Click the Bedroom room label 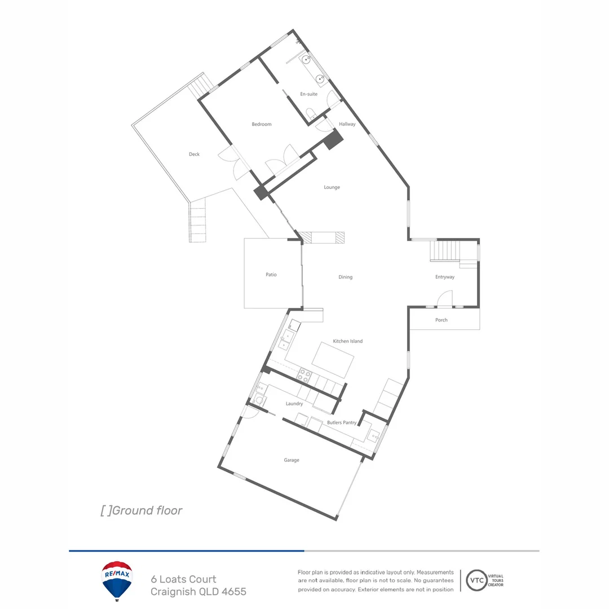[262, 124]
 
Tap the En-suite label [308, 94]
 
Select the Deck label [194, 154]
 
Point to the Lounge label [332, 187]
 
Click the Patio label [271, 275]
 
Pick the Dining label [345, 277]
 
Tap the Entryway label [444, 277]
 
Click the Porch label [442, 320]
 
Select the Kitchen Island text [348, 341]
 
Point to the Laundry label [294, 404]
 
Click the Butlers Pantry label [342, 422]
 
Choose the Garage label [292, 460]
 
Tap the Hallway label [347, 124]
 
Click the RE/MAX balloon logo [117, 580]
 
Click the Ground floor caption [142, 510]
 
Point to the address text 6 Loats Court [183, 579]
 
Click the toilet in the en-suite [310, 113]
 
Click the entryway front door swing [445, 299]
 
